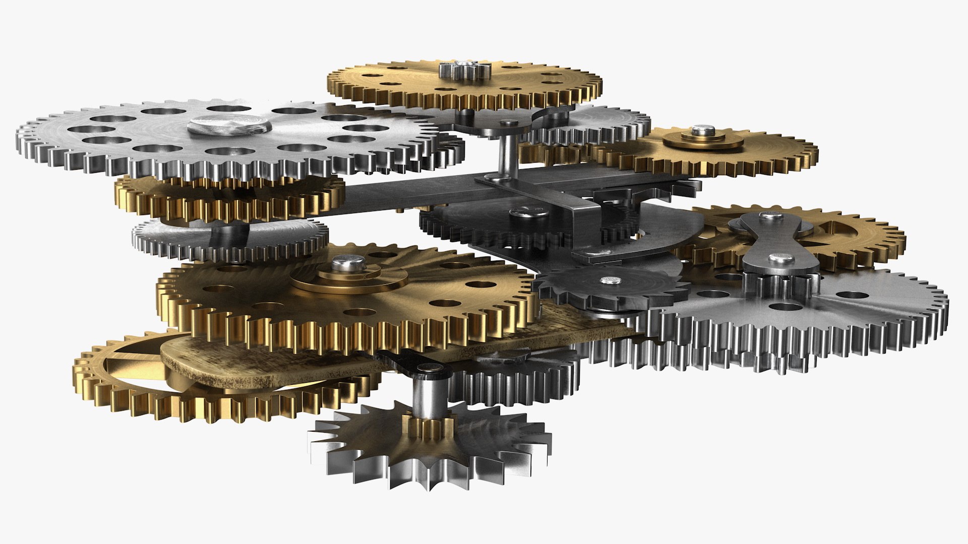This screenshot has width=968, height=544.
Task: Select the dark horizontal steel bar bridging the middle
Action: pos(403,194)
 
